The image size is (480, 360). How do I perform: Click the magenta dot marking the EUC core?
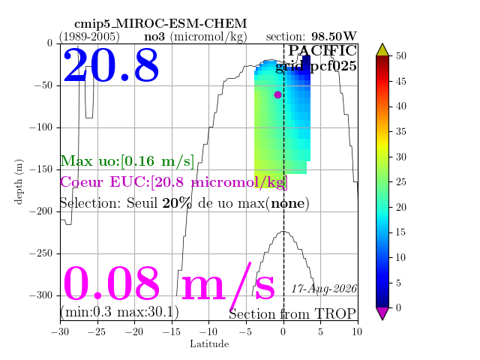tap(277, 95)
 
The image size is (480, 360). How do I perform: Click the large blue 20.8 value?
tap(111, 65)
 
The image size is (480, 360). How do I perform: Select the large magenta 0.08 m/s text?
tap(169, 284)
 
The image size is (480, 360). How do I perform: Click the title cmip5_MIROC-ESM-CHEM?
tap(160, 23)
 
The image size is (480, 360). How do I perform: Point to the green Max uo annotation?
tap(127, 161)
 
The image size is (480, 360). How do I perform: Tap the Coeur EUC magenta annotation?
tap(173, 182)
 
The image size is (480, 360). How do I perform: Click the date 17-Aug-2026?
tap(324, 289)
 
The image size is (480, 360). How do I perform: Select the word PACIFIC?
tap(322, 50)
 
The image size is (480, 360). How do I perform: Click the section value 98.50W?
tap(334, 37)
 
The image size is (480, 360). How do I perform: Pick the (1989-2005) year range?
tap(89, 37)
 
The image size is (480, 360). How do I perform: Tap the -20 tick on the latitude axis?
tap(135, 331)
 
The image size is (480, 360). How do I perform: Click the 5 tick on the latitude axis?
tap(320, 331)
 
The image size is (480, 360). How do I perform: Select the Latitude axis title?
tap(209, 343)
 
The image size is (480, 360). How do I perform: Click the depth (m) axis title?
tap(19, 181)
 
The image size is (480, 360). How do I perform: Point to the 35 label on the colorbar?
tap(401, 132)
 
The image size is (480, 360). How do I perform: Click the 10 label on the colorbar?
tap(400, 257)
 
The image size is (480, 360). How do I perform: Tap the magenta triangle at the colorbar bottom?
tap(382, 313)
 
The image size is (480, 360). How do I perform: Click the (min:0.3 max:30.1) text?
tap(119, 312)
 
